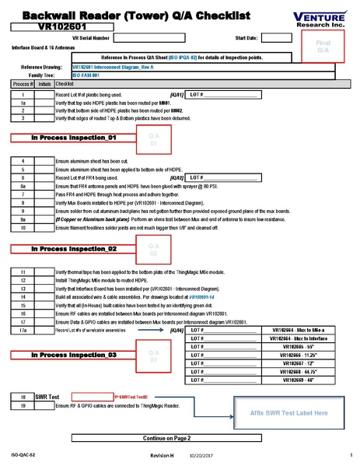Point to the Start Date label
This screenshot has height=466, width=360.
pos(246,37)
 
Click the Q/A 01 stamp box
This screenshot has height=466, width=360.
pos(153,140)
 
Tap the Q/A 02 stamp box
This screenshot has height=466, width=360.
pos(153,251)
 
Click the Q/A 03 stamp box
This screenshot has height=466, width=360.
pos(153,357)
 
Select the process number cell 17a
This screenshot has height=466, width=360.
pos(23,330)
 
